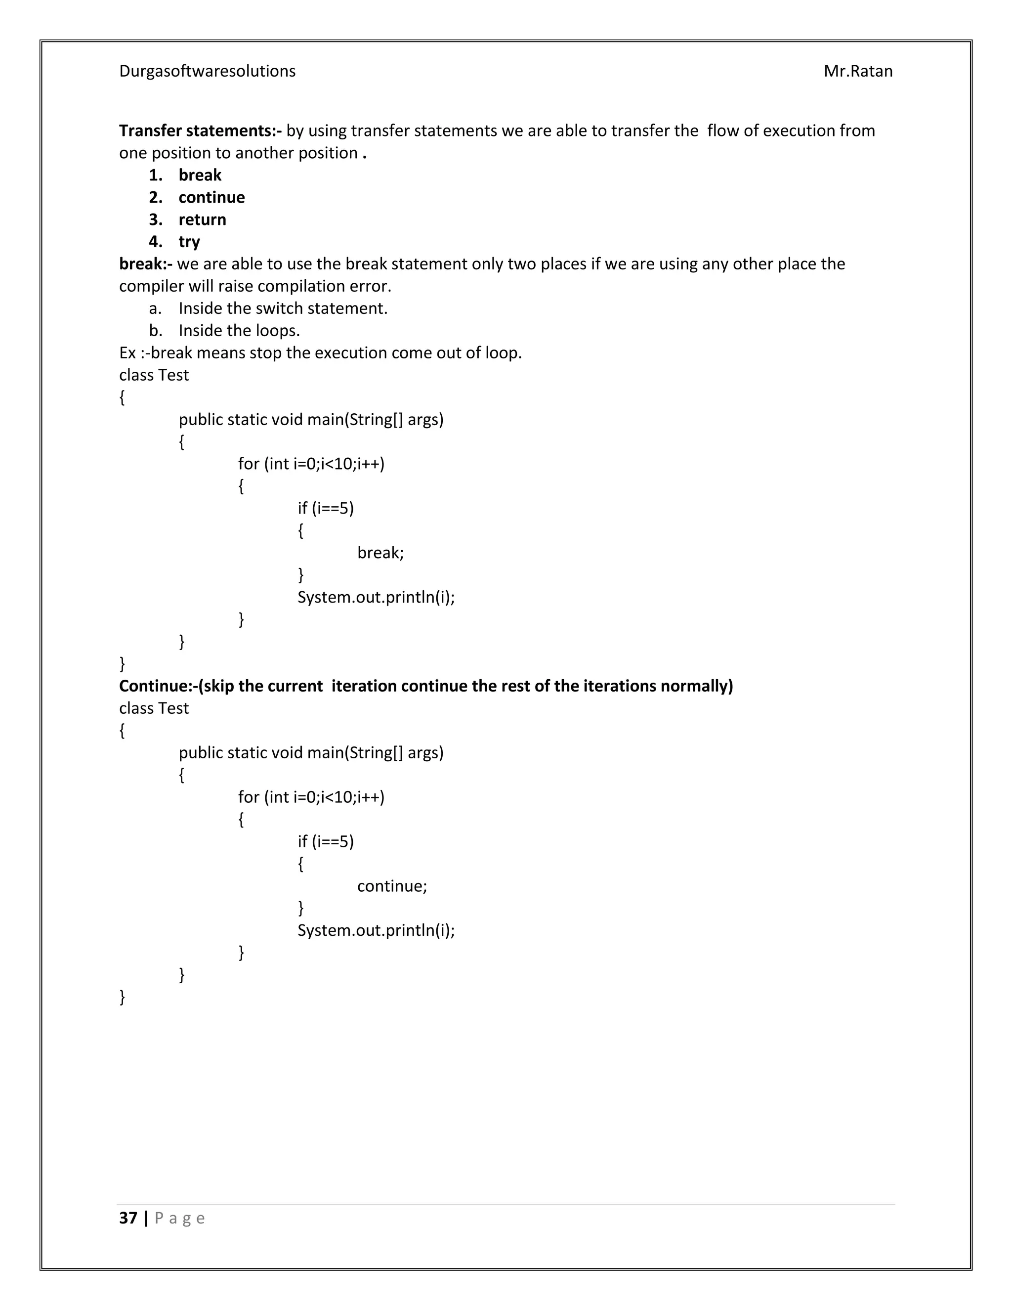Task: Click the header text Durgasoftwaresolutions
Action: [207, 71]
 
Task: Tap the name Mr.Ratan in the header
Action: [858, 71]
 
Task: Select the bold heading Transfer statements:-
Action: [200, 131]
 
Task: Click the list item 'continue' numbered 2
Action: [211, 197]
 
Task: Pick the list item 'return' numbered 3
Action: [202, 219]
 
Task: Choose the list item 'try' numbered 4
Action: [189, 242]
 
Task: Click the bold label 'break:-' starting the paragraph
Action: [146, 264]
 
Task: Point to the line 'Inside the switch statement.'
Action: [283, 308]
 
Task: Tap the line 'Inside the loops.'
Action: [239, 331]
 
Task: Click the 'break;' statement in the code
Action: [380, 553]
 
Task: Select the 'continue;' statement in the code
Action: [392, 886]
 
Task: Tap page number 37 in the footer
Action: [128, 1218]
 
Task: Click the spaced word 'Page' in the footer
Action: [180, 1218]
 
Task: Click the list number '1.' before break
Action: [156, 175]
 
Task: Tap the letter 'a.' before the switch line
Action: [155, 308]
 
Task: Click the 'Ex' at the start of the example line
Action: [127, 352]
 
